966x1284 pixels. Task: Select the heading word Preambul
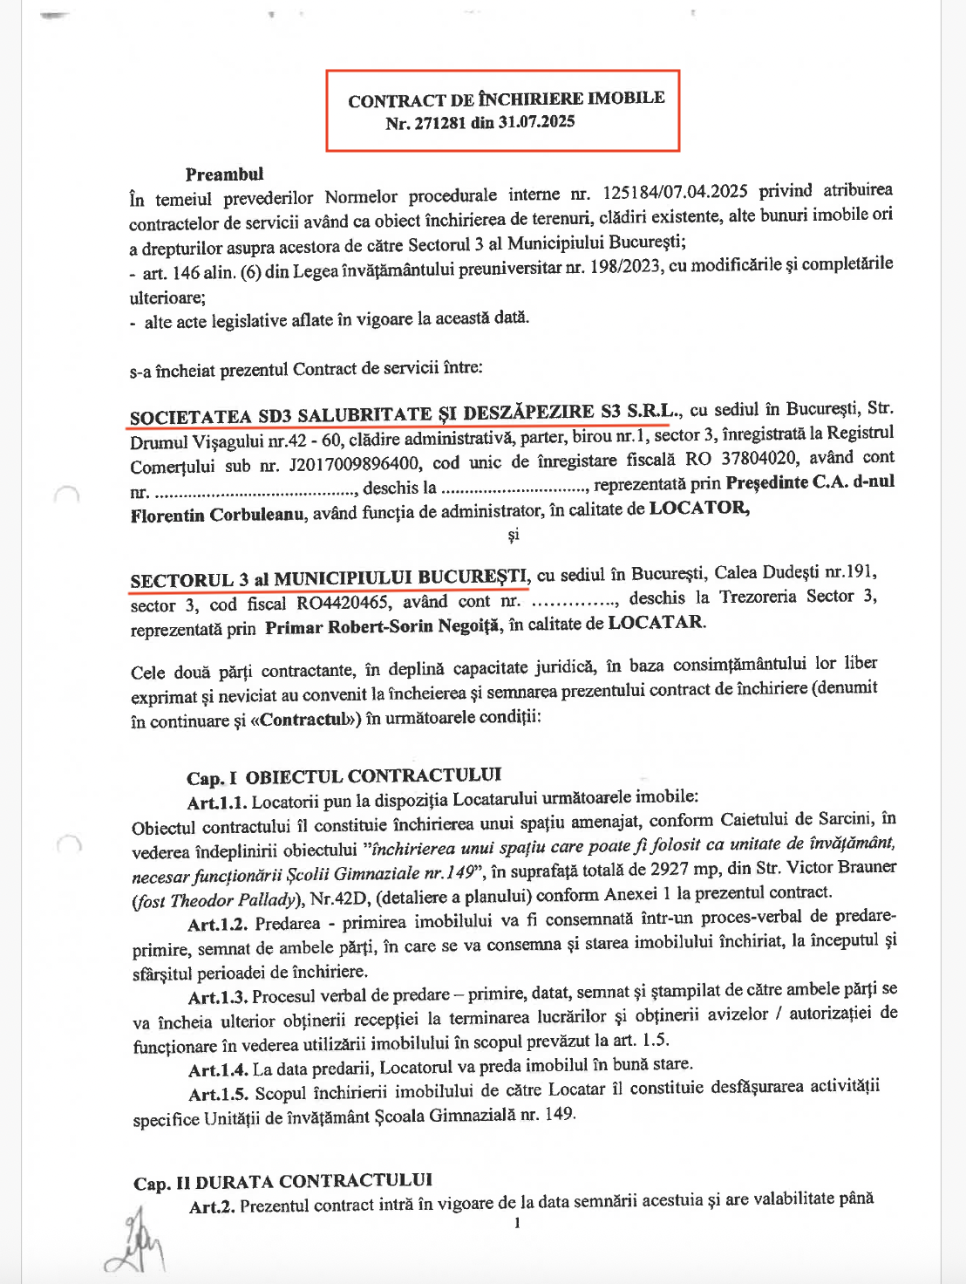pos(224,174)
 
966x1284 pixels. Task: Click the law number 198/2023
pos(626,267)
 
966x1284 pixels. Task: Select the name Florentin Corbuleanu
pos(217,515)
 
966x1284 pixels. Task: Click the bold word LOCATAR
pos(656,622)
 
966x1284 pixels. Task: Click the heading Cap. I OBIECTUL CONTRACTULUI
pos(344,776)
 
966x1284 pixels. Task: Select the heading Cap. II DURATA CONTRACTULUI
pos(282,1181)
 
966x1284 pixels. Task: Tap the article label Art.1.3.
pos(218,997)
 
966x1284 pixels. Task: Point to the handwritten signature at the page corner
pos(136,1242)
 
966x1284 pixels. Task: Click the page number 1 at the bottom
pos(517,1223)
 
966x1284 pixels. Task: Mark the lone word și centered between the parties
pos(514,535)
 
